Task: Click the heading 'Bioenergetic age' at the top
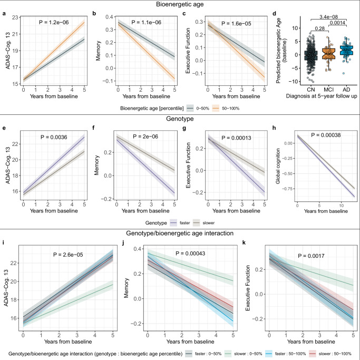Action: coord(180,5)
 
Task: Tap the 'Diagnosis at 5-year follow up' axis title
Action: coord(316,96)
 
